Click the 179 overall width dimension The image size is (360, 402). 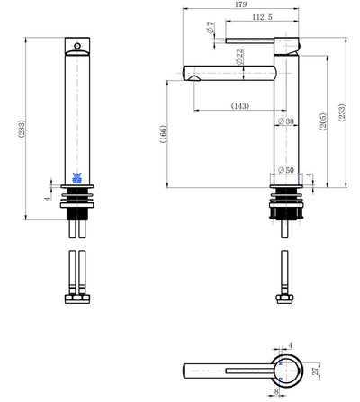[241, 4]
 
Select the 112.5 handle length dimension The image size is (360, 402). [262, 17]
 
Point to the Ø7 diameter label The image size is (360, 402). [211, 27]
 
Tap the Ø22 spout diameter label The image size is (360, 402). [239, 57]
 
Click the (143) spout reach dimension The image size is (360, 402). [240, 106]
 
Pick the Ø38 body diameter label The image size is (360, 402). [286, 121]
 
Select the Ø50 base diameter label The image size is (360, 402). [286, 170]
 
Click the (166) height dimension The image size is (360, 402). [163, 134]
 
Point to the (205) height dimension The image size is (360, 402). [322, 121]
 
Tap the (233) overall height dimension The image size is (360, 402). [342, 112]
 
